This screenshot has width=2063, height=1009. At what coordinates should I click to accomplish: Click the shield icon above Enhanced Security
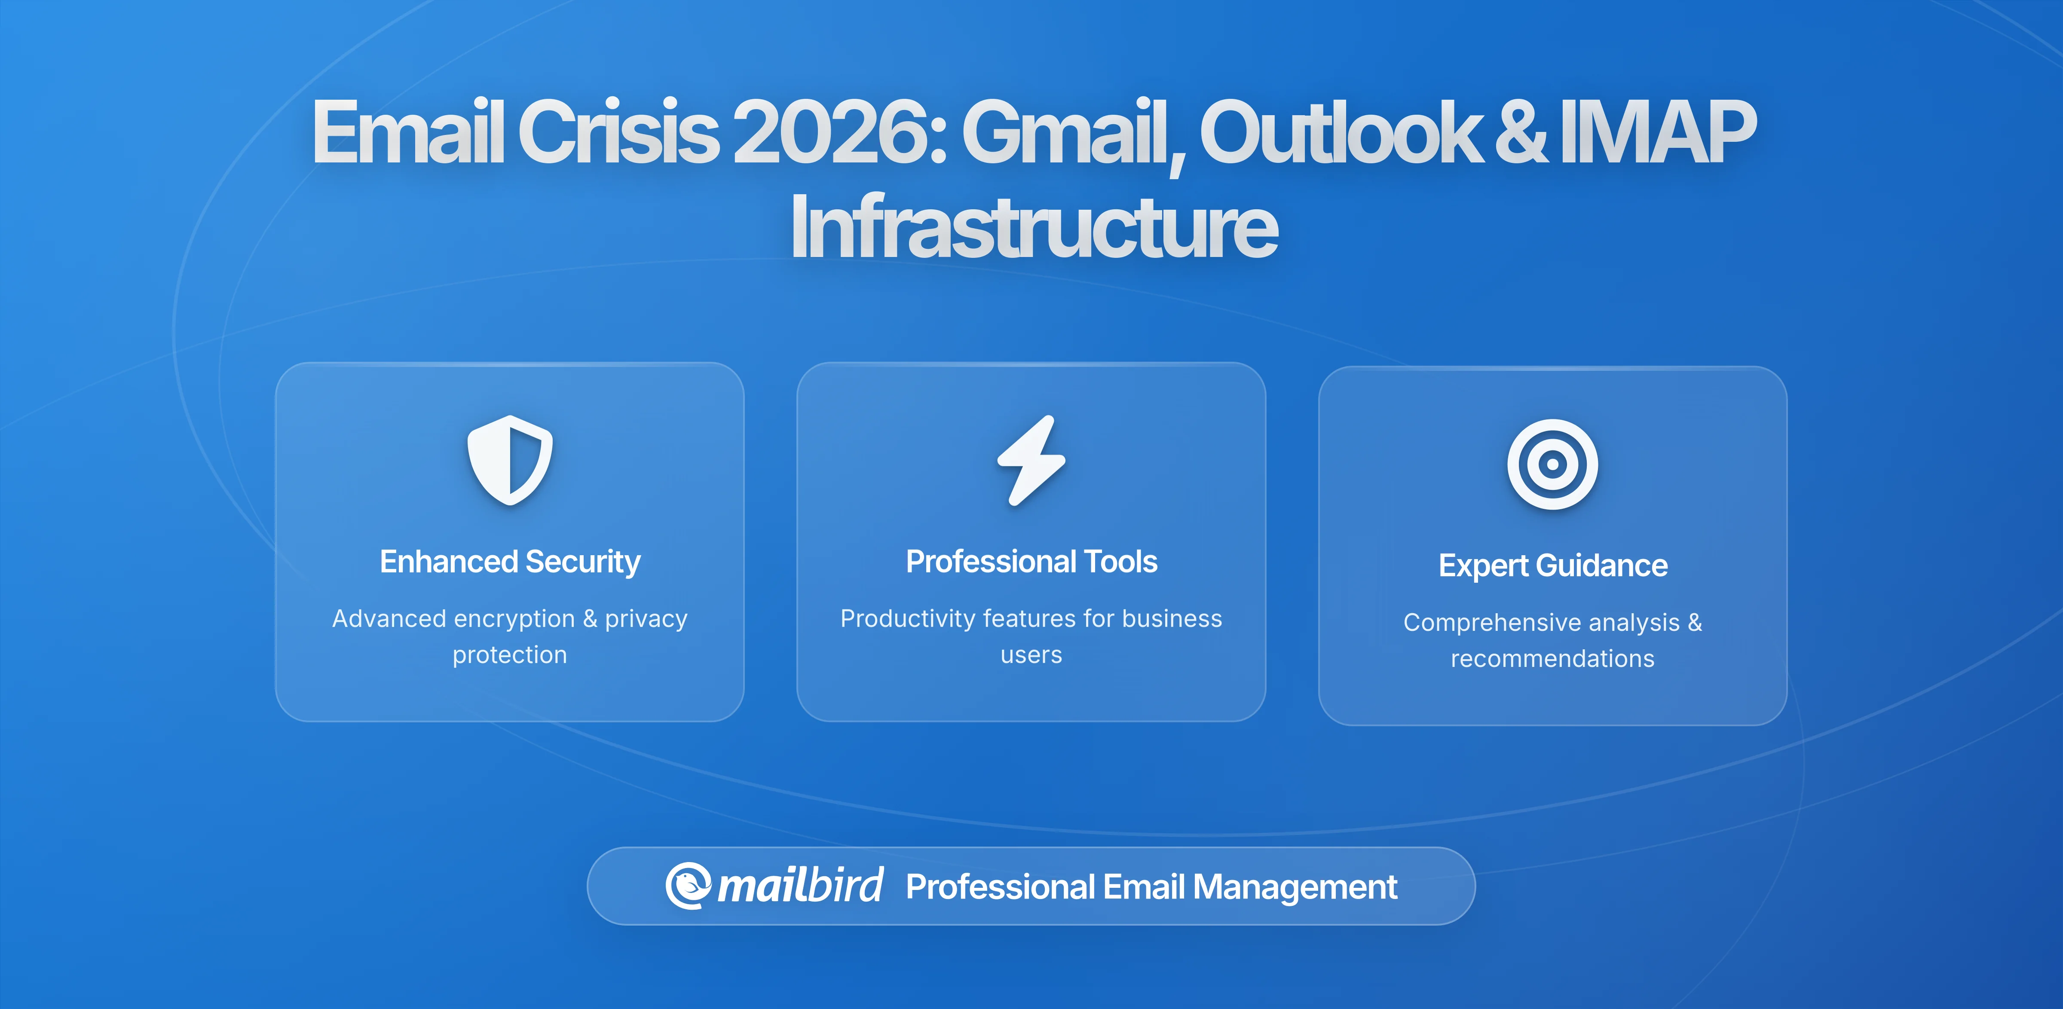click(x=510, y=461)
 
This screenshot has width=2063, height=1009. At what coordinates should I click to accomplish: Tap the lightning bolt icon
click(x=1031, y=461)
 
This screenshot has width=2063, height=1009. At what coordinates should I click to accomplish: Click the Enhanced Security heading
click(x=510, y=561)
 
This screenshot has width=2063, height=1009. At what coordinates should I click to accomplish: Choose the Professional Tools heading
click(x=1031, y=561)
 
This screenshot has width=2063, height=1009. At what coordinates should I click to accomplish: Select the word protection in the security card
click(x=509, y=655)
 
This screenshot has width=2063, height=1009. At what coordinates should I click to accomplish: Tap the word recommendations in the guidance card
click(x=1552, y=659)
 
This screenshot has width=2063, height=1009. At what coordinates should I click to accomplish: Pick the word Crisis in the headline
click(x=618, y=132)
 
